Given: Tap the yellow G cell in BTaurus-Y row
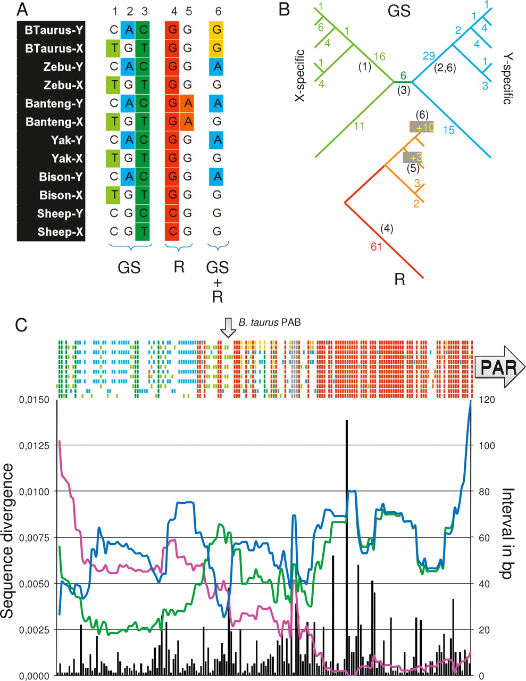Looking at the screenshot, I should (x=216, y=30).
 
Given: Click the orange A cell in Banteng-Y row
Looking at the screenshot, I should (x=187, y=104).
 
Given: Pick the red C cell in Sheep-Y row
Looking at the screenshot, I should (x=172, y=213).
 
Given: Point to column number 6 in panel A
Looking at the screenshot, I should (x=216, y=11).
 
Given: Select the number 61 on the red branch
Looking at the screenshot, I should (x=377, y=247).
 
